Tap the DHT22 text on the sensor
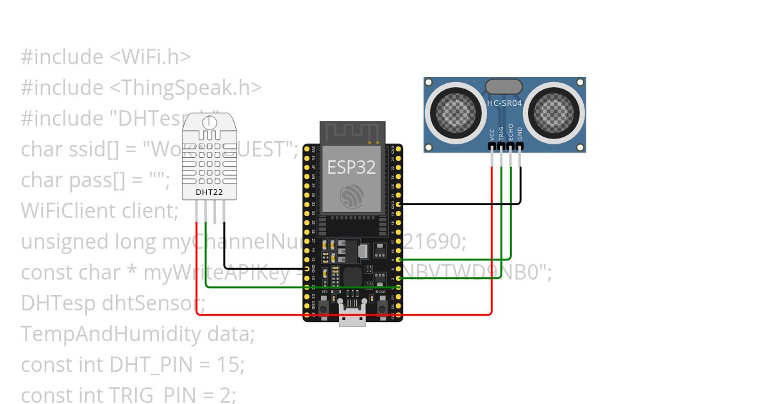click(205, 192)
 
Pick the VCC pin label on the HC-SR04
click(492, 135)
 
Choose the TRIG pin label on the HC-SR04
click(501, 133)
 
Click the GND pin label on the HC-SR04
click(520, 133)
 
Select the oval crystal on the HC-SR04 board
click(504, 86)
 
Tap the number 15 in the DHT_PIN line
click(229, 364)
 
